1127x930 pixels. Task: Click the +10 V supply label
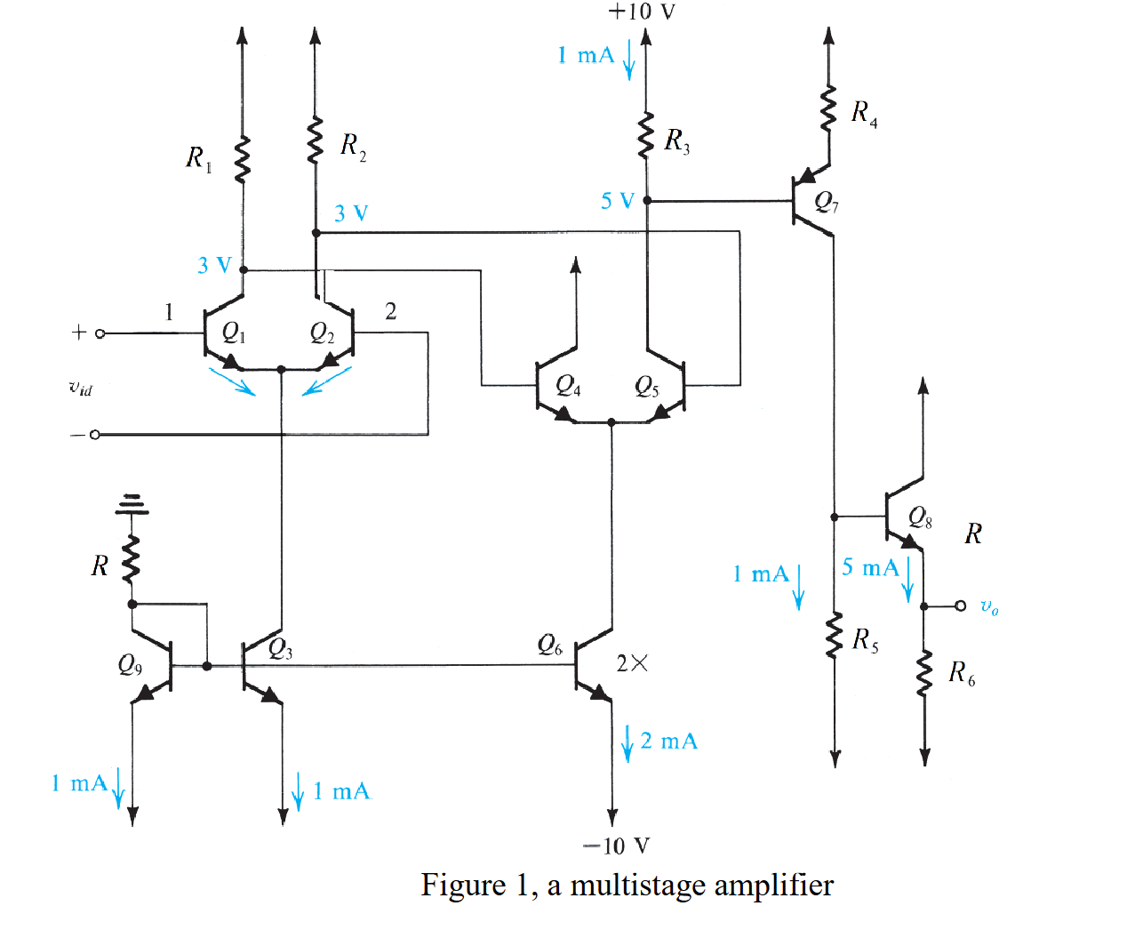[641, 12]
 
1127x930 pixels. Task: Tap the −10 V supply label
[616, 846]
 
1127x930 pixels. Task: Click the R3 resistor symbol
[646, 136]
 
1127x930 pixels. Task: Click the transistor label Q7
[827, 203]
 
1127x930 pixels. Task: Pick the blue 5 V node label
[617, 201]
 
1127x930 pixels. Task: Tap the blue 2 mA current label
[668, 741]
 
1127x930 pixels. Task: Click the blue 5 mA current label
[870, 567]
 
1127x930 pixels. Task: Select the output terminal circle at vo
[960, 605]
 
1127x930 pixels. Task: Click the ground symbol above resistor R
[132, 505]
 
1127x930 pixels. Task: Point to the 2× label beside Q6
[632, 663]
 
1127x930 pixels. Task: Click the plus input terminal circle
[100, 333]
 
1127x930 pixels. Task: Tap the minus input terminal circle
[95, 435]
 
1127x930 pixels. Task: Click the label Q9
[130, 665]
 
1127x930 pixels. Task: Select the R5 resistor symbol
[834, 636]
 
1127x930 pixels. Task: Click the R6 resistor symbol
[924, 673]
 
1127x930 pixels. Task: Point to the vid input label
[80, 387]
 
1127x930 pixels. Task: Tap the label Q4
[568, 386]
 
